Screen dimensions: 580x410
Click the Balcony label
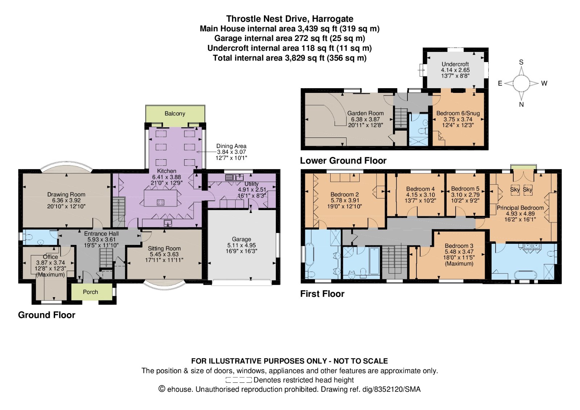click(175, 114)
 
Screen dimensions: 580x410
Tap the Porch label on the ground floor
click(90, 292)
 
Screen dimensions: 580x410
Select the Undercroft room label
click(455, 64)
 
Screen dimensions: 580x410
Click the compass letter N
click(522, 104)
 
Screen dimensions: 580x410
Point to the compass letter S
click(521, 62)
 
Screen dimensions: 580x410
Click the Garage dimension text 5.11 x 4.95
click(241, 245)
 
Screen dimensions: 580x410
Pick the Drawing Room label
click(66, 194)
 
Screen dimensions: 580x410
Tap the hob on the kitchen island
click(161, 202)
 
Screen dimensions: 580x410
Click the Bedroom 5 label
click(465, 189)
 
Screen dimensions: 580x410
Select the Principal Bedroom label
click(520, 208)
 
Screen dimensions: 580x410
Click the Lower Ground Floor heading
click(343, 161)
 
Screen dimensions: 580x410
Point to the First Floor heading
click(322, 294)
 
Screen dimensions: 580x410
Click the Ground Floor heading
click(47, 315)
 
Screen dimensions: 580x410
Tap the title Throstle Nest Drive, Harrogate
click(290, 19)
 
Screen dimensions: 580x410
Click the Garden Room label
click(365, 113)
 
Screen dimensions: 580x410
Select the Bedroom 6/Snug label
click(458, 113)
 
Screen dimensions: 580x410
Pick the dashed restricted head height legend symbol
click(239, 380)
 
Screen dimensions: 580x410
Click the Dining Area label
click(231, 146)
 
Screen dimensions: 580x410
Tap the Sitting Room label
click(164, 248)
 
